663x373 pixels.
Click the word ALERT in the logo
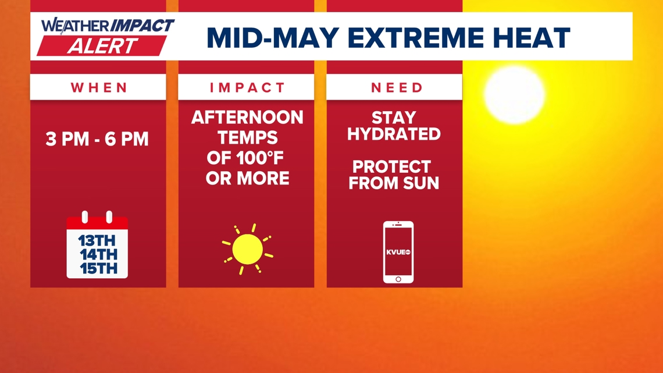102,45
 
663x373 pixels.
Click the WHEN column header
99,87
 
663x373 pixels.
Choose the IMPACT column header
247,87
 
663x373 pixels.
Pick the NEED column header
397,87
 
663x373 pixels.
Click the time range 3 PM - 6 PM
97,139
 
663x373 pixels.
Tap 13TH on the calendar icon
97,241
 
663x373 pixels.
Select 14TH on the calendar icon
98,255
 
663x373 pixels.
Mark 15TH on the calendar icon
98,268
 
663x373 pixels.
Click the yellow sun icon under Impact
247,249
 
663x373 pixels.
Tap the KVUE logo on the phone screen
398,252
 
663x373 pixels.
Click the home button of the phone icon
398,279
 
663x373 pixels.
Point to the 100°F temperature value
254,158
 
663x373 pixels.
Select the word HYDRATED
394,134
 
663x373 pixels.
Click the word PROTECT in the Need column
391,166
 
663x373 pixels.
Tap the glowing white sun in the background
514,95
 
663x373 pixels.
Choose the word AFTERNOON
247,118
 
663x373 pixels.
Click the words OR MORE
247,179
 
